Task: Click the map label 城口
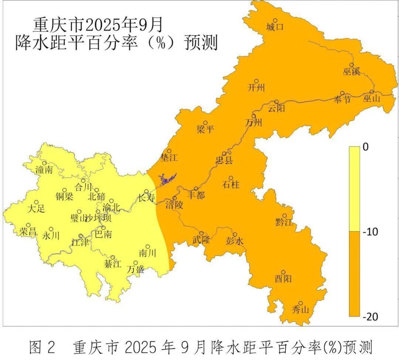(x=274, y=27)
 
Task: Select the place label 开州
(x=256, y=88)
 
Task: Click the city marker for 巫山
(x=372, y=92)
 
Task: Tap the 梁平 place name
(x=205, y=129)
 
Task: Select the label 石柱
(x=230, y=184)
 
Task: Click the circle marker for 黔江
(x=285, y=215)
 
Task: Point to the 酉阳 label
(x=283, y=278)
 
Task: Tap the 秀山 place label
(x=300, y=309)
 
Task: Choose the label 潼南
(x=44, y=170)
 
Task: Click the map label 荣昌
(x=28, y=232)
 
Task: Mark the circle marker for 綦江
(x=113, y=258)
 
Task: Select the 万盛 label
(x=136, y=269)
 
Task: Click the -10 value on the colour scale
(x=371, y=232)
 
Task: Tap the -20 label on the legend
(x=371, y=316)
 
